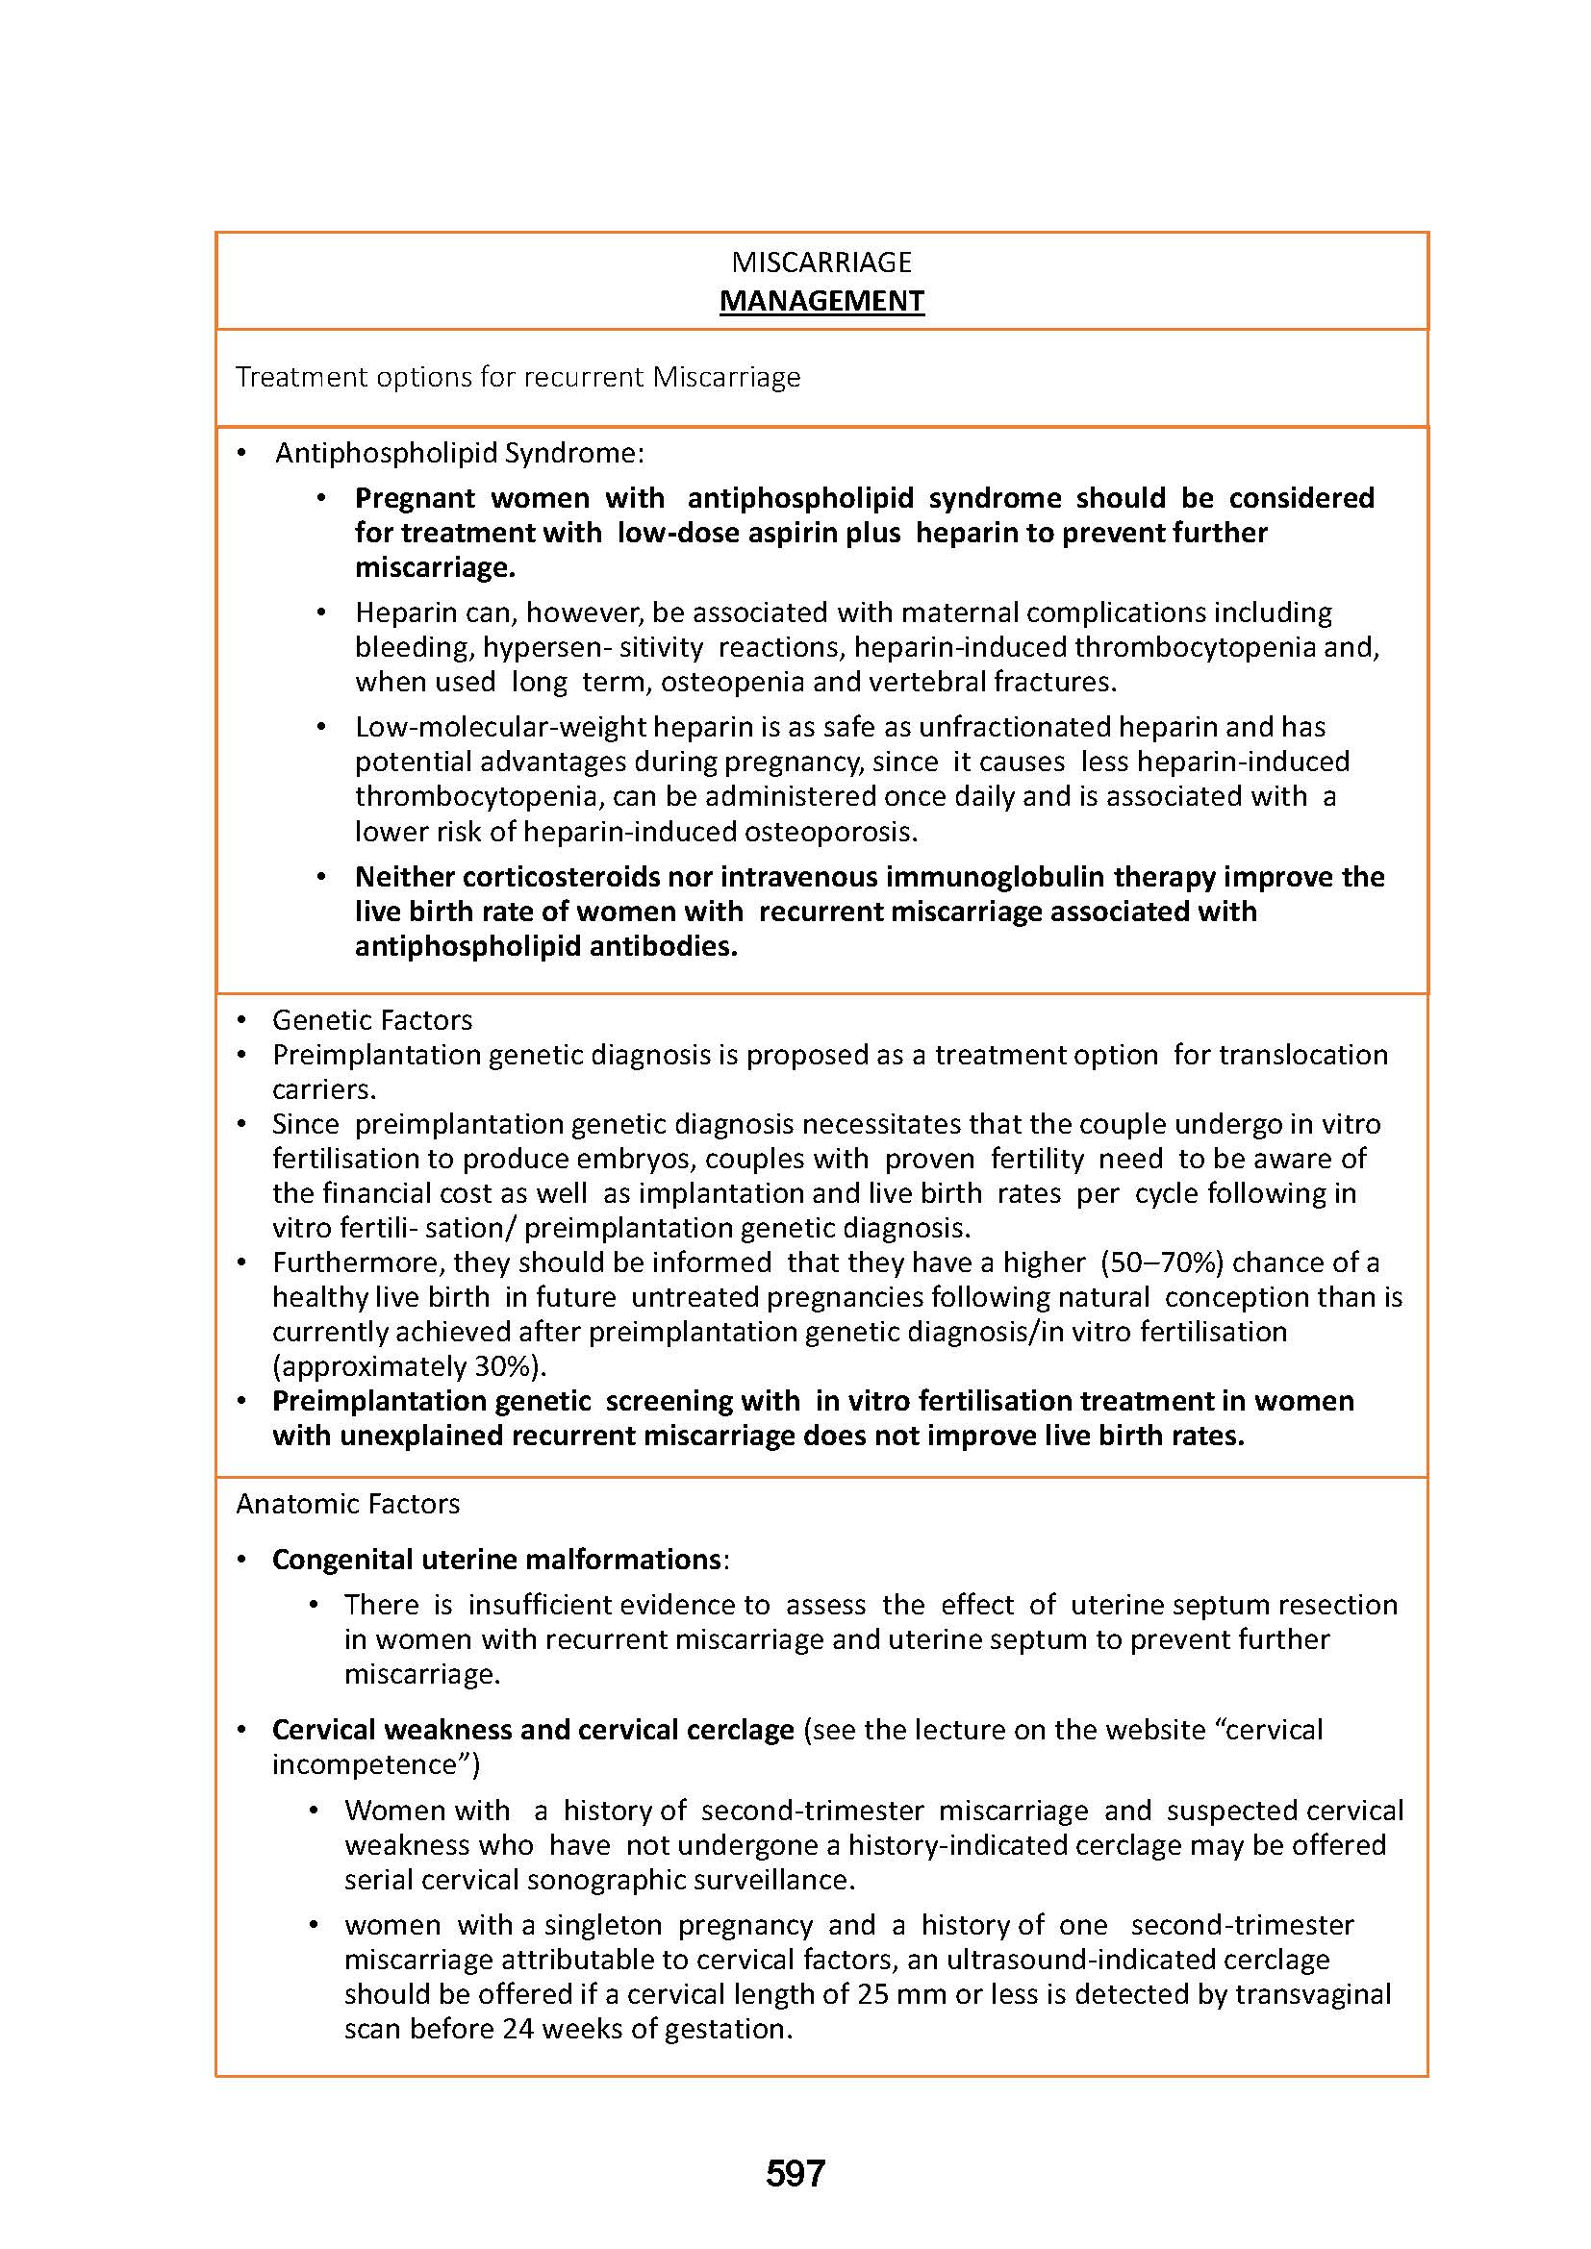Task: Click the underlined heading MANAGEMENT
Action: click(821, 301)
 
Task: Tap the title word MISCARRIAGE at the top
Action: click(821, 262)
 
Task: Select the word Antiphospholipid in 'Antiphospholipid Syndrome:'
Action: click(386, 453)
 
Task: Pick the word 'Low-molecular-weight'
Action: click(500, 727)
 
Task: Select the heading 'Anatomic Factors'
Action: click(348, 1504)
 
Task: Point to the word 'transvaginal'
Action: click(1313, 1994)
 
